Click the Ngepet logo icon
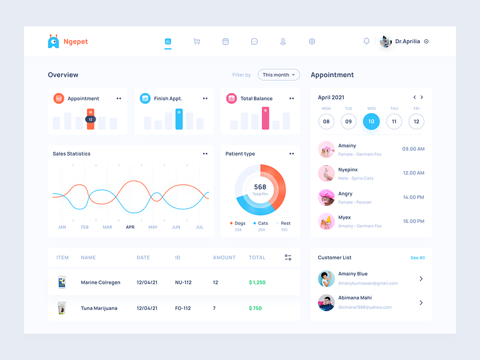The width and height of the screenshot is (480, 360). click(54, 41)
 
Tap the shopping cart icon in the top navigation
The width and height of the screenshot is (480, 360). click(197, 42)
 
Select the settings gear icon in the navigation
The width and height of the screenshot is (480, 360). click(312, 42)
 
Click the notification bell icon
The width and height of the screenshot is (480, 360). click(366, 41)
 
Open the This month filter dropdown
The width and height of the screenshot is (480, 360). click(279, 75)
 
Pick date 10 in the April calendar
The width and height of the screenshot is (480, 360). click(371, 122)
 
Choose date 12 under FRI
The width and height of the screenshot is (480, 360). click(416, 122)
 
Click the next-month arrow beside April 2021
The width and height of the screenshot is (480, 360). click(422, 97)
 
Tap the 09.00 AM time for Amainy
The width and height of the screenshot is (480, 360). click(413, 149)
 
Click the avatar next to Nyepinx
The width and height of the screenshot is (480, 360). click(326, 173)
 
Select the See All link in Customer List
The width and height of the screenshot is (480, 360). click(417, 257)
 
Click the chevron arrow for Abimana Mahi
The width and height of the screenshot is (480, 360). click(421, 302)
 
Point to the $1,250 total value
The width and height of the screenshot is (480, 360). click(257, 282)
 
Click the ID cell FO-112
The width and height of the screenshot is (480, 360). click(182, 308)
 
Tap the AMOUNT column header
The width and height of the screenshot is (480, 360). click(224, 257)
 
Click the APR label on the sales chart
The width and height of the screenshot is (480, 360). click(130, 227)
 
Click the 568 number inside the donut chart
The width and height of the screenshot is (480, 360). click(260, 187)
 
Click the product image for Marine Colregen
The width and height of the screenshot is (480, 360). click(62, 282)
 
